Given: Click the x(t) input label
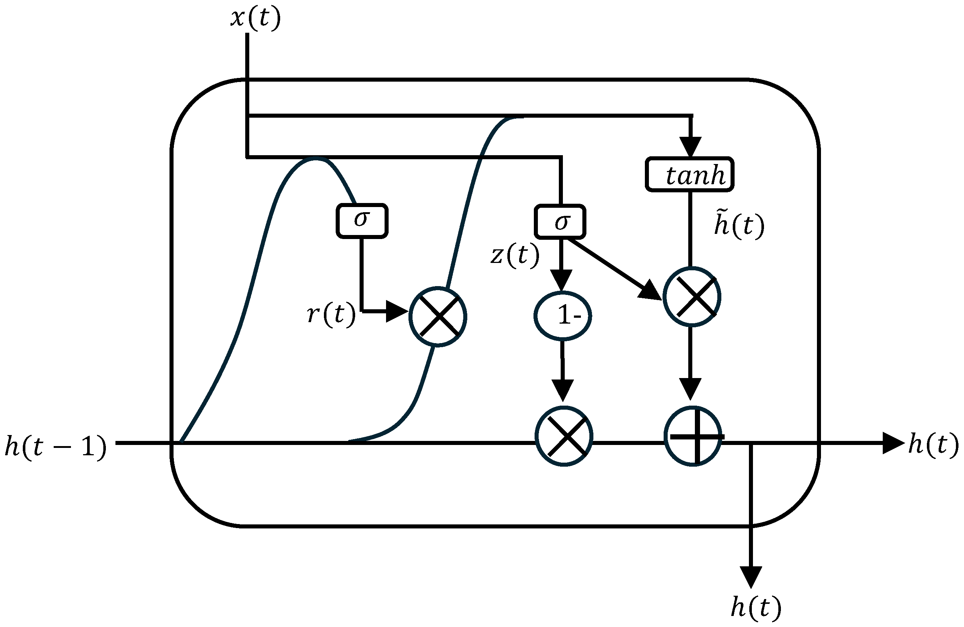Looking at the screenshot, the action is click(255, 19).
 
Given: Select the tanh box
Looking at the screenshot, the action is click(689, 175).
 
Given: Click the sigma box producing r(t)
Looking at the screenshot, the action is click(362, 221).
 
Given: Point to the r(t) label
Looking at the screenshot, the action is click(331, 314).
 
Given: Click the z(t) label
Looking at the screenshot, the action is click(515, 255).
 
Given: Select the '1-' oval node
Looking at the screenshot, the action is click(562, 316).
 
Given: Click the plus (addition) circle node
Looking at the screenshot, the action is click(693, 437).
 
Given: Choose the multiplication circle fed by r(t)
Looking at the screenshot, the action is click(438, 317).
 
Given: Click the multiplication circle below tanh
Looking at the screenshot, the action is click(692, 297).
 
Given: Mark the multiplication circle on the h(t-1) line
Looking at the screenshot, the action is click(564, 437).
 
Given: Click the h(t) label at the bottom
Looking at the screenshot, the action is click(756, 607).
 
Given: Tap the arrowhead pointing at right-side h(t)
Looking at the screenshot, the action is click(893, 443).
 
